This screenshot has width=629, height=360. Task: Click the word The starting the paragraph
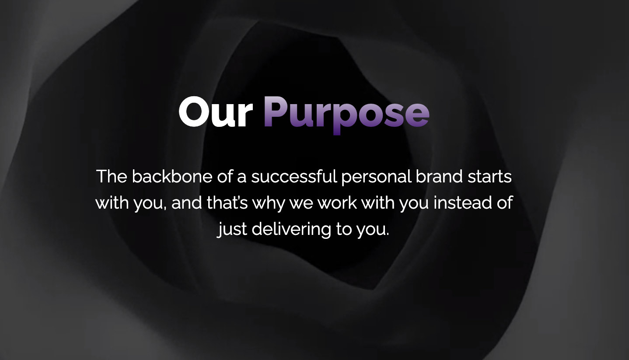tap(111, 176)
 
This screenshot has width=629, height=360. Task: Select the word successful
tap(294, 176)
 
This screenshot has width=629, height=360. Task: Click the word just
tap(232, 229)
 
